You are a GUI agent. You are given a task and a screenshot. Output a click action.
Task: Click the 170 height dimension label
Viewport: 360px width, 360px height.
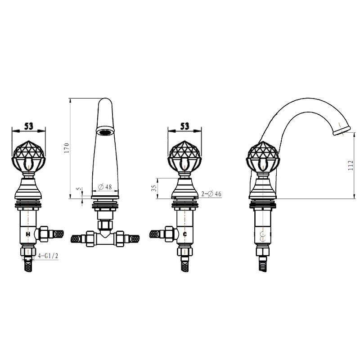(67, 148)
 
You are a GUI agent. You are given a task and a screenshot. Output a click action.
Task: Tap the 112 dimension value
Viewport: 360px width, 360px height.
(351, 165)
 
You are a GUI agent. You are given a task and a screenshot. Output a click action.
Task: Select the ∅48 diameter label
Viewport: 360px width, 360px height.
(105, 187)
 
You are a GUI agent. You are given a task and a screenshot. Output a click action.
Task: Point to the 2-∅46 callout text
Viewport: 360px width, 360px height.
(211, 194)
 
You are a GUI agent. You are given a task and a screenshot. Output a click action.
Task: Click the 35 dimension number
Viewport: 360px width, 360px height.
(154, 188)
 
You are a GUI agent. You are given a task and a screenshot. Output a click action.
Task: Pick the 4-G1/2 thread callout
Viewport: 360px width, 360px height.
(48, 256)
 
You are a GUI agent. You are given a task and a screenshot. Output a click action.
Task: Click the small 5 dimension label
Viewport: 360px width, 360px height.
(79, 189)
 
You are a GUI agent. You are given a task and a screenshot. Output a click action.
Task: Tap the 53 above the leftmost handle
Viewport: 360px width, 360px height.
(29, 126)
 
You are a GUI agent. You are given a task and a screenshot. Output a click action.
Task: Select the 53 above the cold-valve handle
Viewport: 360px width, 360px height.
(184, 126)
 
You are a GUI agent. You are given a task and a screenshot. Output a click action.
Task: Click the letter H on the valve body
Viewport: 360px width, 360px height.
(28, 234)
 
